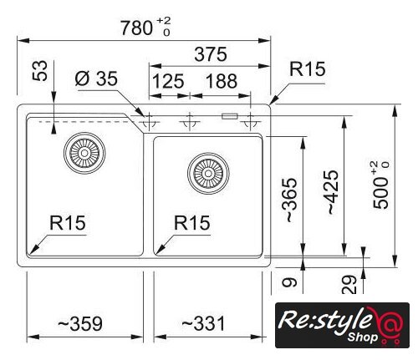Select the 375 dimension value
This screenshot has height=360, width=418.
(211, 54)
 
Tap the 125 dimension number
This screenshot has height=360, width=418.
(168, 81)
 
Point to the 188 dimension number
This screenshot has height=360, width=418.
(222, 81)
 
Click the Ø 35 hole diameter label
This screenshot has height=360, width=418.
(96, 79)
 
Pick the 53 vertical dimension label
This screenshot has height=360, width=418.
(40, 71)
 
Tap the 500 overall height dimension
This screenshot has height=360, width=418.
(381, 185)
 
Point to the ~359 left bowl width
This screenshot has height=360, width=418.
(80, 324)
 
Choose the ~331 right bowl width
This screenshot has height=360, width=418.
(203, 324)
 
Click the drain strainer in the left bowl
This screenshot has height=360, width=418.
(84, 153)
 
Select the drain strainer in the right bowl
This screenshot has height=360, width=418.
(208, 174)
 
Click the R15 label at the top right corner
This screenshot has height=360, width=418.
(308, 68)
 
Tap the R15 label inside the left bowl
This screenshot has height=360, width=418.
(68, 223)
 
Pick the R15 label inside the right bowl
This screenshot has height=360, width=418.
(192, 223)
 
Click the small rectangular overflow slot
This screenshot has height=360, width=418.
(230, 116)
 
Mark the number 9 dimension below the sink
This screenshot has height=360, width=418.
(289, 283)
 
